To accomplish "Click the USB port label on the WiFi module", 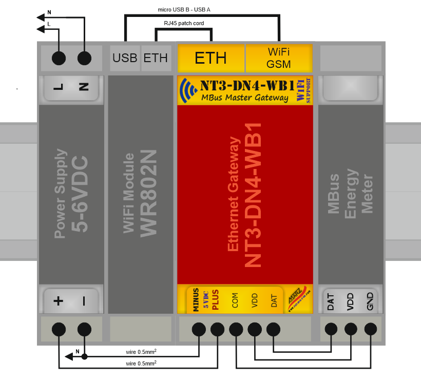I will coord(125,58).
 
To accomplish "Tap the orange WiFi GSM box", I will coord(279,58).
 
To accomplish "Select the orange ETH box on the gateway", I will coord(210,58).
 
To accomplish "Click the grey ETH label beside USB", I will coord(156,58).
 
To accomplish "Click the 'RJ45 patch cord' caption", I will coord(183,23).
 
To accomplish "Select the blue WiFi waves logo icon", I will coord(188,90).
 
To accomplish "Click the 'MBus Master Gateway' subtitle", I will coord(244,98).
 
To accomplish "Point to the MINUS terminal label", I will coord(196,300).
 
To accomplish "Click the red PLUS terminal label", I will coord(215,300).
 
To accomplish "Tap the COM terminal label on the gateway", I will coord(235,300).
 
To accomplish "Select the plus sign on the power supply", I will coord(58,301).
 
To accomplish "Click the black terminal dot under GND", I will coord(370,329).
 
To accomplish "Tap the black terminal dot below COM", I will coord(236,329).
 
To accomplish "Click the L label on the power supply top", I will coord(58,87).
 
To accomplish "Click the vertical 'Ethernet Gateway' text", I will coord(234,194).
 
